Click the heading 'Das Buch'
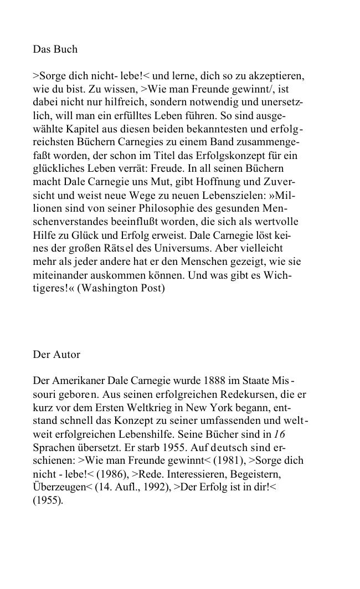tap(55, 49)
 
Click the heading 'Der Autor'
tap(56, 355)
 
